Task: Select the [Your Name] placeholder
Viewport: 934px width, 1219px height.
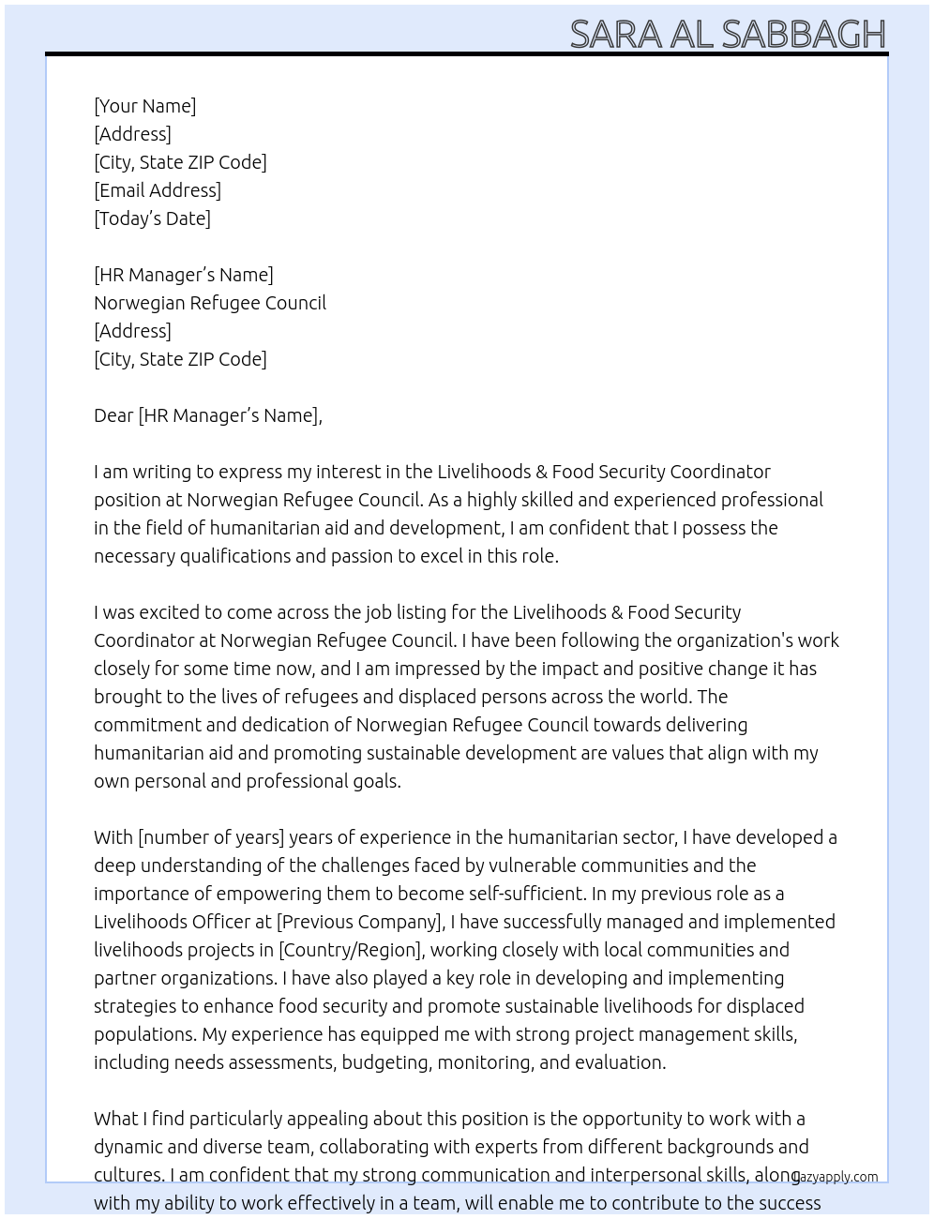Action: tap(145, 106)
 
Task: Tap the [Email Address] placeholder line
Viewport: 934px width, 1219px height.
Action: tap(158, 190)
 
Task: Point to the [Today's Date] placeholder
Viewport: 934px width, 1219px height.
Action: tap(152, 218)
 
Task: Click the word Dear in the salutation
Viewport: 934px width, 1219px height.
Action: tap(113, 415)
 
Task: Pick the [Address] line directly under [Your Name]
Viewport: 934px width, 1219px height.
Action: tap(132, 134)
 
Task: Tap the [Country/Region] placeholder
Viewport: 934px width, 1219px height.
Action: tap(352, 950)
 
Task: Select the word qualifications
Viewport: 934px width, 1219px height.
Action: tap(235, 556)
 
